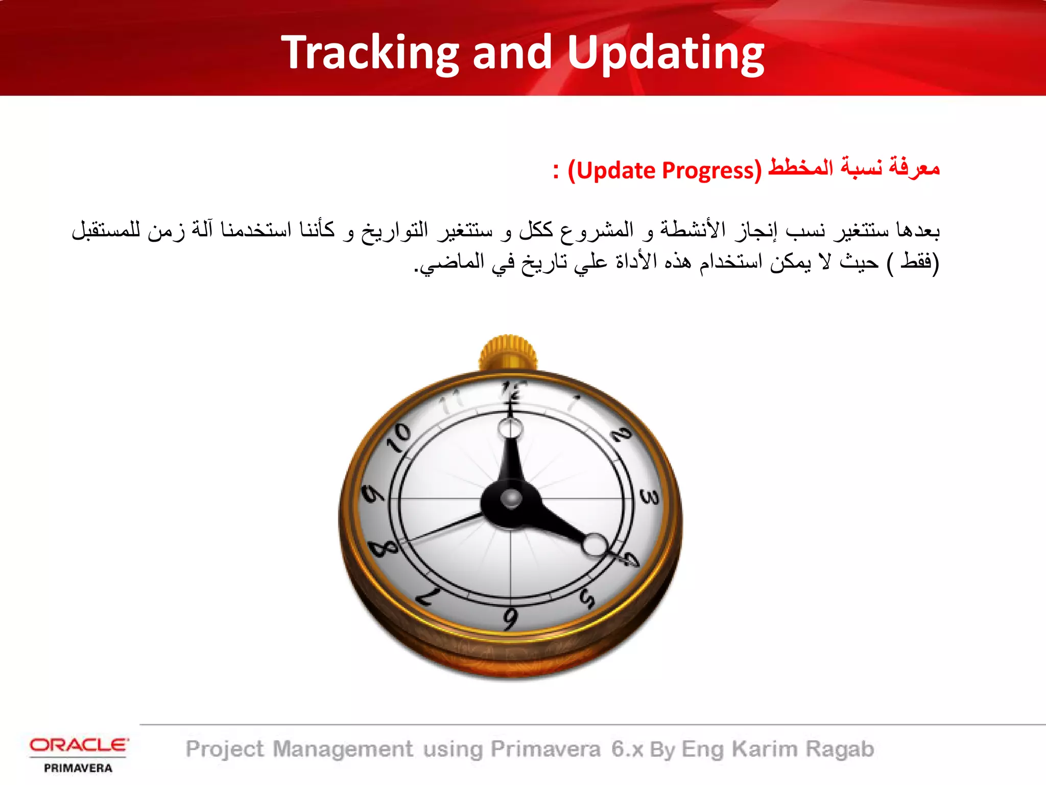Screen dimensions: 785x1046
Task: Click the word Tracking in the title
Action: click(371, 53)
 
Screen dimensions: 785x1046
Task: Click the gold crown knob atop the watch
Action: click(508, 353)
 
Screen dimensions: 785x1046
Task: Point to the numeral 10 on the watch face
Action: click(398, 438)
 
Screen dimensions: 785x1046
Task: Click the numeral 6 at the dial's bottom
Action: click(510, 619)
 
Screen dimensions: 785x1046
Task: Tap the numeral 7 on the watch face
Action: click(428, 596)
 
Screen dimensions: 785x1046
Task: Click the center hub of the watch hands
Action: click(511, 499)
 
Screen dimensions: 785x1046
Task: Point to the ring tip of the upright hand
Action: click(510, 428)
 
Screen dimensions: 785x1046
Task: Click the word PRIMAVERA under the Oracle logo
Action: click(78, 768)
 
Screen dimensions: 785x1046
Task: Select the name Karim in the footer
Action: click(764, 749)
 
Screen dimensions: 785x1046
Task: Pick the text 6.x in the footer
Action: click(627, 749)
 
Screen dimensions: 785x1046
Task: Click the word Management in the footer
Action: click(343, 749)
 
